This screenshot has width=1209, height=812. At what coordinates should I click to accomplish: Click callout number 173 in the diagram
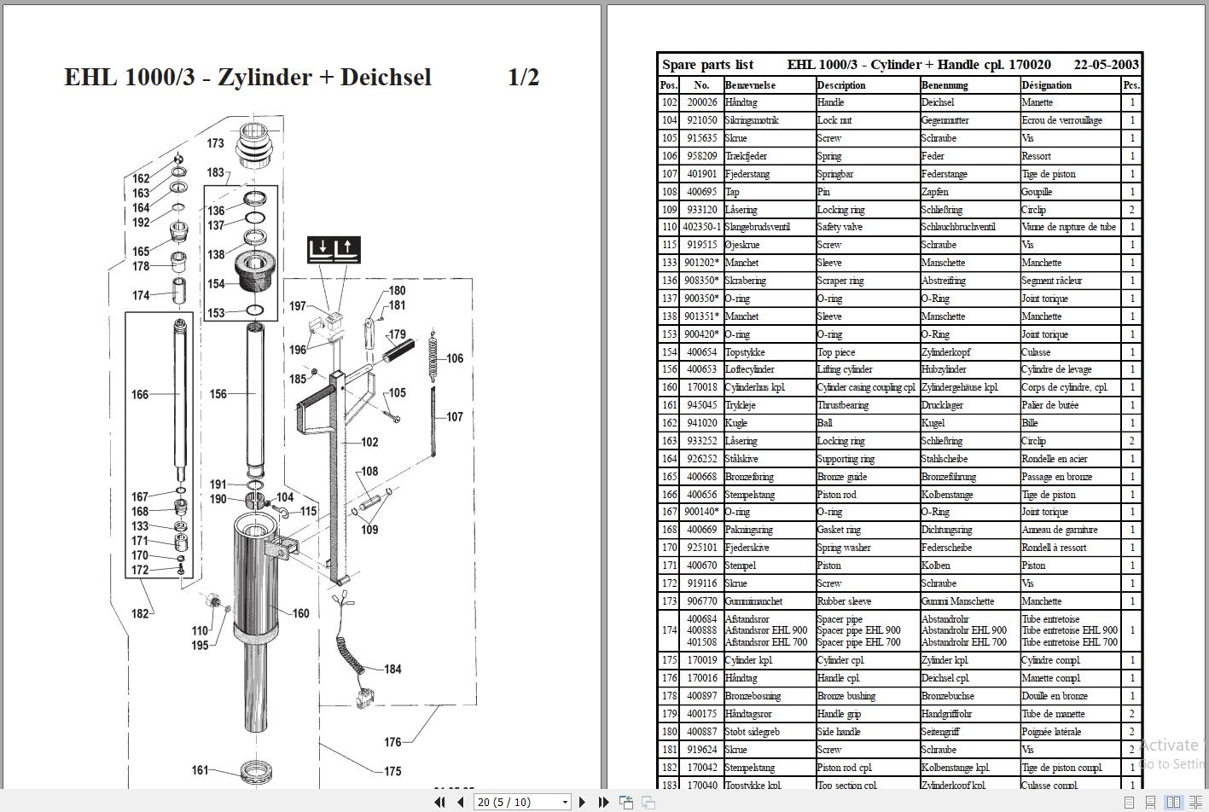coord(215,143)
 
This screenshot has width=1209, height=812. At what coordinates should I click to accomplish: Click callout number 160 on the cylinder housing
coord(300,612)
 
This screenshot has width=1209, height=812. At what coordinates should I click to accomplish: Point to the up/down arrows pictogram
coord(334,250)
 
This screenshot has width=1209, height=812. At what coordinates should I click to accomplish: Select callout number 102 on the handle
coord(369,442)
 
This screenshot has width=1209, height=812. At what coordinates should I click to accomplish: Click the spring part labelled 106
coord(433,352)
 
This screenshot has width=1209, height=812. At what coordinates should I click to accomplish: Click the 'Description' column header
coord(841,84)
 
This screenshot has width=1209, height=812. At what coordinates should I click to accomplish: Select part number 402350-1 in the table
coord(701,227)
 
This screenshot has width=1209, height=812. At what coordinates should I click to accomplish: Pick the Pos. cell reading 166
coord(669,495)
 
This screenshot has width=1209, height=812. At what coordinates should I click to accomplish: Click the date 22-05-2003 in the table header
coord(1106,65)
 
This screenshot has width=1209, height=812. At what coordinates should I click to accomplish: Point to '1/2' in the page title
coord(523,77)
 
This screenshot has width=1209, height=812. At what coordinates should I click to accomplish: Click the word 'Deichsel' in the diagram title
coord(386,77)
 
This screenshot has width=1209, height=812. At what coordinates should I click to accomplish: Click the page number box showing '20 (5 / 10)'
coord(523,802)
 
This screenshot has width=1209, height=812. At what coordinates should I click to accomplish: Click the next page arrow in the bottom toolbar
coord(583,802)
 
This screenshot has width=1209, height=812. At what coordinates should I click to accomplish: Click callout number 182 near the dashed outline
coord(140,613)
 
